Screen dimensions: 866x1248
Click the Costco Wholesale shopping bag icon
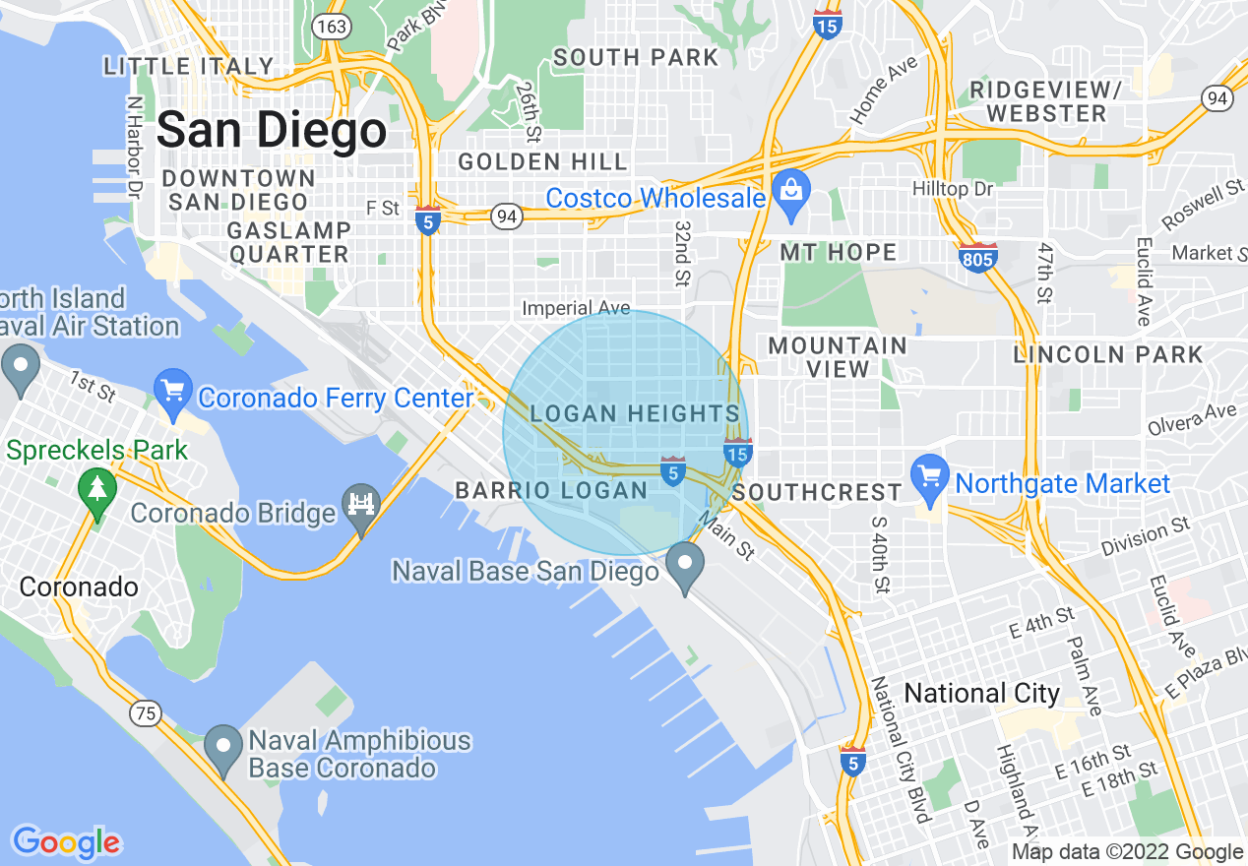790,195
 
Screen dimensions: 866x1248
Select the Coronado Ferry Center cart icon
173,394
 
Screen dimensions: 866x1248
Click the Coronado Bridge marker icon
361,507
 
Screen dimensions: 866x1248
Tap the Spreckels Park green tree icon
97,492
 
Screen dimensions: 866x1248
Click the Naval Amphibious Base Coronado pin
223,749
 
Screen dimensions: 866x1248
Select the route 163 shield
331,26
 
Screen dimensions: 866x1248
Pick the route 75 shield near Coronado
146,712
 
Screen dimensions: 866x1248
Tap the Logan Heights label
634,414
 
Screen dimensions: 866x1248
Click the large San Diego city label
272,130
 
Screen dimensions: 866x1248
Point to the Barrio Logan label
551,490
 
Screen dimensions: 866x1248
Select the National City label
981,693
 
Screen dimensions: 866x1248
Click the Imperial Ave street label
576,309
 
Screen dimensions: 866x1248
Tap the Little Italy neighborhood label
189,67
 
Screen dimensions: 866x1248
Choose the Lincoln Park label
1108,354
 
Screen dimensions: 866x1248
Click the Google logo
66,841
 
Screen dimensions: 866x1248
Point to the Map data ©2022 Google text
1127,852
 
